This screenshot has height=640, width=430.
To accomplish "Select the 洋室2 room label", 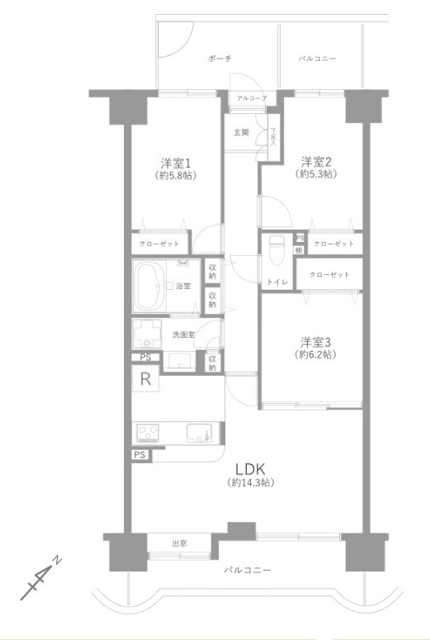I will click(x=316, y=161).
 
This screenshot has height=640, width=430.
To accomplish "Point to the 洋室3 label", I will click(x=316, y=341).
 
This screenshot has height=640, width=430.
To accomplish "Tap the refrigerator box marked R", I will click(x=144, y=381).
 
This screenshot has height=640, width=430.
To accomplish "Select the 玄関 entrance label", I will click(x=241, y=133).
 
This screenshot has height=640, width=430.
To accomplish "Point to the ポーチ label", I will click(x=220, y=59).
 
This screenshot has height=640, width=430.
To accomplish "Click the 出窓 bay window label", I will click(x=179, y=543).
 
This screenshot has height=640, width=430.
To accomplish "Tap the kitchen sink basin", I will click(x=199, y=434).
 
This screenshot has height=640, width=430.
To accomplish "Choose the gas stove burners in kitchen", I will click(x=149, y=434).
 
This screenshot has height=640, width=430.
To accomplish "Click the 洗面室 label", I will click(x=182, y=334).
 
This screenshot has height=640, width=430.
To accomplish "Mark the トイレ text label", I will click(x=276, y=282).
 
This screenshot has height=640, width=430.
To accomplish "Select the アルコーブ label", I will click(x=251, y=98).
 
